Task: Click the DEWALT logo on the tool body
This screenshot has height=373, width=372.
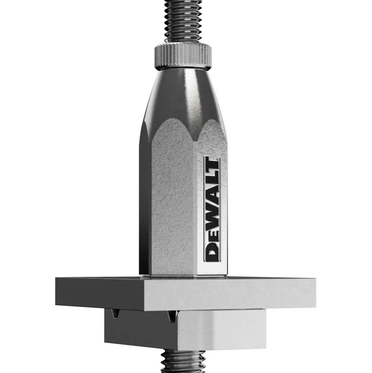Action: pos(212,209)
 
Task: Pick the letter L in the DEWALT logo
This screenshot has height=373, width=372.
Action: pos(212,179)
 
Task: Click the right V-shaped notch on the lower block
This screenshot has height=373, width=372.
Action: pos(170,315)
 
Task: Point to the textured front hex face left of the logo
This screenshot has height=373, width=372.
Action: pos(173,204)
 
